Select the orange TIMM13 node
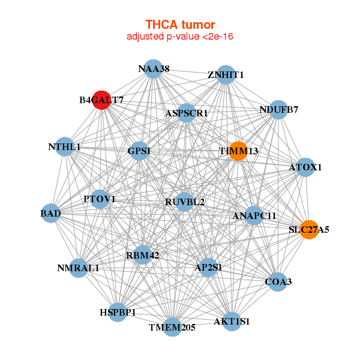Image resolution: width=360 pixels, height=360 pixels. click(238, 151)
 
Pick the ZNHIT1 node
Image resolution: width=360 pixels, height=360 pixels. click(226, 74)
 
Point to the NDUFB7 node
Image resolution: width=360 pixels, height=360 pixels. click(278, 109)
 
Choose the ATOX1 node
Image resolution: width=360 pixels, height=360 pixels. click(305, 167)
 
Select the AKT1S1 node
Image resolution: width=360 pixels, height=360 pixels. click(232, 320)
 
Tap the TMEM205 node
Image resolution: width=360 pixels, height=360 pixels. click(172, 326)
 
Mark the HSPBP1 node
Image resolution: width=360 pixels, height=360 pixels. click(118, 313)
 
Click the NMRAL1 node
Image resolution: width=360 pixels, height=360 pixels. click(79, 268)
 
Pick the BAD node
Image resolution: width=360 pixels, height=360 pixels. click(51, 213)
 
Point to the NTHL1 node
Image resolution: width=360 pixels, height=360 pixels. click(65, 146)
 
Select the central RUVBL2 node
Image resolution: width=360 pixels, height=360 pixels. click(185, 202)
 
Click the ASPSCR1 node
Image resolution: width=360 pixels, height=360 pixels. click(187, 113)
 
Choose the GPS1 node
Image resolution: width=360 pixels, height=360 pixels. click(138, 151)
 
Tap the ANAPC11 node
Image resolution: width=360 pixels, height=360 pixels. click(254, 215)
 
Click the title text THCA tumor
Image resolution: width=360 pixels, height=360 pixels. click(180, 25)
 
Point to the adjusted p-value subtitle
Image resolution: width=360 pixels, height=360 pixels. click(180, 37)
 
